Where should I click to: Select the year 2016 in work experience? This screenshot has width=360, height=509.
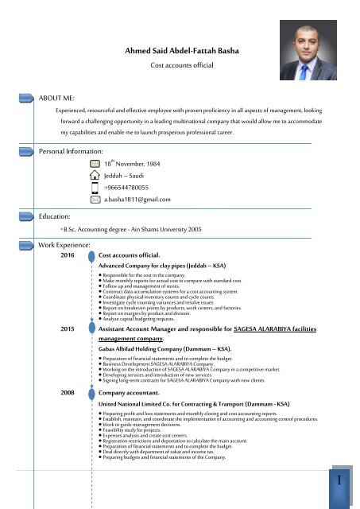point(68,255)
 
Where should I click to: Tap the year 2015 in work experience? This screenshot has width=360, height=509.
point(68,328)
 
